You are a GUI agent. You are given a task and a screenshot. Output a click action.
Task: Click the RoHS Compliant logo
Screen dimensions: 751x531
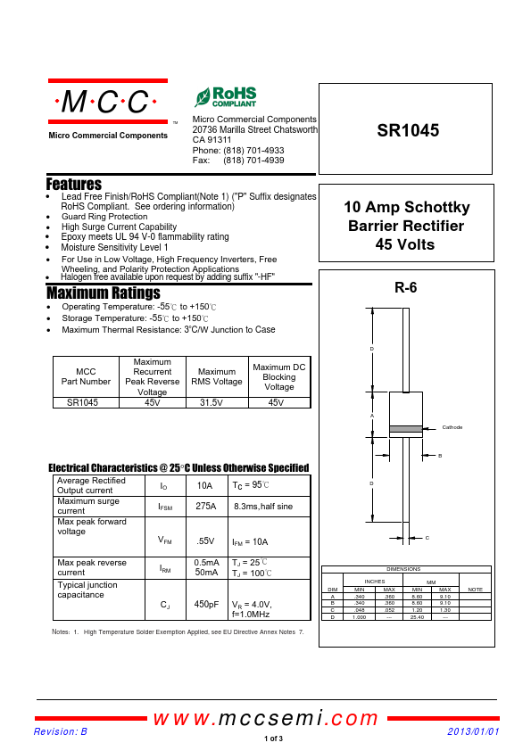tap(225, 97)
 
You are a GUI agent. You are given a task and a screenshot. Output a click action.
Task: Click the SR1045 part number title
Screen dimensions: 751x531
tap(408, 130)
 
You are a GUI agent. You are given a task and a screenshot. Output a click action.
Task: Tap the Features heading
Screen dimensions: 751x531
tap(73, 184)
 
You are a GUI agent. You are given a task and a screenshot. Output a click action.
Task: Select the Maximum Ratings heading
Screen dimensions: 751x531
tap(103, 293)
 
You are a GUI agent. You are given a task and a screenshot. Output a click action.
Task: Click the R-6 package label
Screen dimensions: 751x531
tap(405, 288)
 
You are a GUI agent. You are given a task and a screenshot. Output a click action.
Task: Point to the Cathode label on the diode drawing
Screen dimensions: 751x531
tap(452, 427)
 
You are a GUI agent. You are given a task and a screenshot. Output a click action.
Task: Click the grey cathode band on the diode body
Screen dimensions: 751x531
tap(405, 428)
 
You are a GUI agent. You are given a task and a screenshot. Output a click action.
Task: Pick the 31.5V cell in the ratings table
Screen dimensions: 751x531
tap(216, 402)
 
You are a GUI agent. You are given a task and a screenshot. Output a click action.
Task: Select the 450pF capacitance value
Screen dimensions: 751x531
tap(206, 605)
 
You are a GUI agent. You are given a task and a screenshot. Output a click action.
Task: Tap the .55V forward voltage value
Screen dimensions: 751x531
tap(205, 541)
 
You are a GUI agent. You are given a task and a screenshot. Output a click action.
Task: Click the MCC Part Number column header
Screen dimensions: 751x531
tap(86, 375)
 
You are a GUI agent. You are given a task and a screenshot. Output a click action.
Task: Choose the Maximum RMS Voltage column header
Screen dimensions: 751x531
tap(216, 376)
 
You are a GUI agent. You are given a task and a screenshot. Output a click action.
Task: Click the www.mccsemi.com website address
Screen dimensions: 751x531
tap(266, 719)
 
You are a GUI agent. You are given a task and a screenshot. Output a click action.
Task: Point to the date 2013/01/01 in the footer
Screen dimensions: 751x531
tap(473, 731)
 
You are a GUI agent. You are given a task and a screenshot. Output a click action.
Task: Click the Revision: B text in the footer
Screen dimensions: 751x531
tap(61, 731)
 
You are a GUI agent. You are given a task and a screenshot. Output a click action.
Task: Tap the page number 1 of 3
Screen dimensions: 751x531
tap(273, 739)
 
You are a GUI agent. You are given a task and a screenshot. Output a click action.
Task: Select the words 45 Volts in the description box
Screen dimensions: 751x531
tap(406, 243)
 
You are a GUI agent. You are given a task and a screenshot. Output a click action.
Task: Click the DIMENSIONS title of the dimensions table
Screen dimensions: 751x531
tap(404, 569)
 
